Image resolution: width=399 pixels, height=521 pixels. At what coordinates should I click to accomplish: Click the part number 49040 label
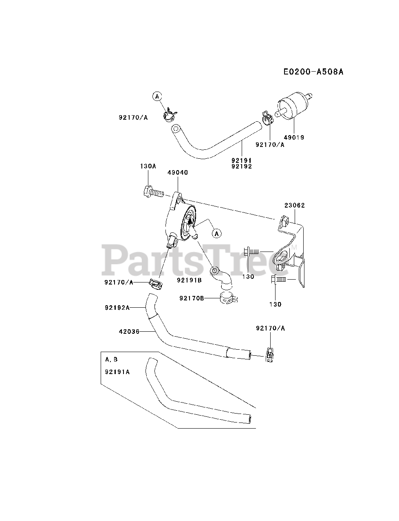178,173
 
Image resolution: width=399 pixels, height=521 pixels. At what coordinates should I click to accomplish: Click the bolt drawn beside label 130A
152,191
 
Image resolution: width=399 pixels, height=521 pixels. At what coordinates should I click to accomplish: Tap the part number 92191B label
190,280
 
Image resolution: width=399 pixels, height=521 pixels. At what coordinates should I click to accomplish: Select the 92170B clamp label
192,298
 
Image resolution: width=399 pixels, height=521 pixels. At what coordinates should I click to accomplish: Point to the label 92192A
117,308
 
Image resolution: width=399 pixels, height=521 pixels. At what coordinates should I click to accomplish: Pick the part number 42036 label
129,332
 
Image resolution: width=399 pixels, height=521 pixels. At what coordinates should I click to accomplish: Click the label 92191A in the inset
117,371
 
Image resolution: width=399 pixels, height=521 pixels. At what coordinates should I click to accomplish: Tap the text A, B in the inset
111,359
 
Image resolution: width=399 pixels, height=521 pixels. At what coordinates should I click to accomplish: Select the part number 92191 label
242,160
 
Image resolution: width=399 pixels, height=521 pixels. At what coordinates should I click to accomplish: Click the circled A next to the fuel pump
217,233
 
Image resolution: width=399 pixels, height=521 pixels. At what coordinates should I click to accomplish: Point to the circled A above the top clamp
157,96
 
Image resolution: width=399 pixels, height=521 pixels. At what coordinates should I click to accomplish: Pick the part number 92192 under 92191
242,166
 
